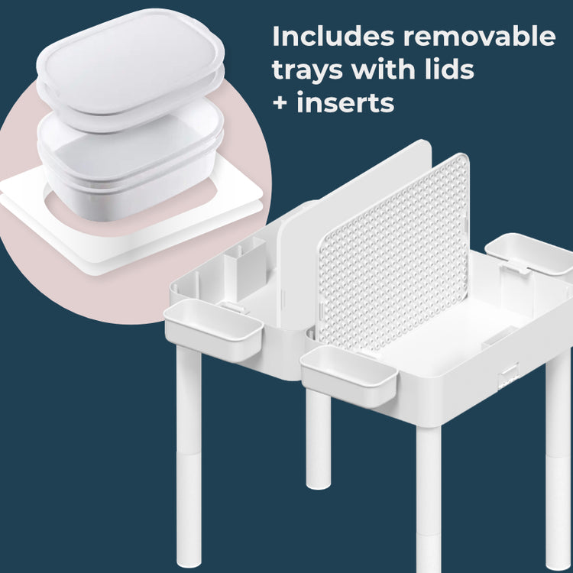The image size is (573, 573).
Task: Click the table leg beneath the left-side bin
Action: click(189, 451)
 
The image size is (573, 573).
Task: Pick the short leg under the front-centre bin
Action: click(319, 439)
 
